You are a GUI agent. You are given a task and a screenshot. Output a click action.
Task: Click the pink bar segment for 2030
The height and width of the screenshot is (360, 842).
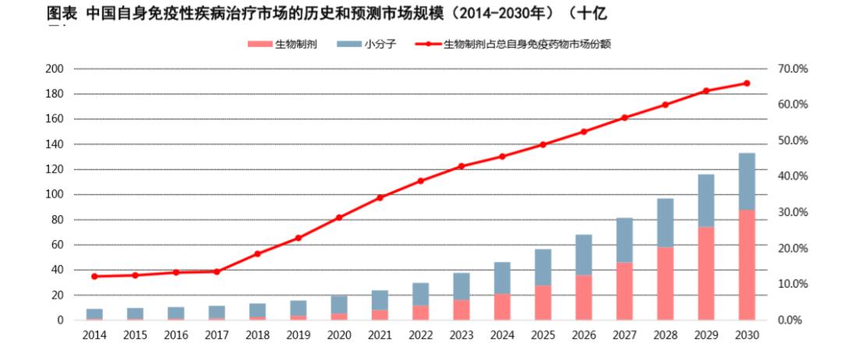coord(747,265)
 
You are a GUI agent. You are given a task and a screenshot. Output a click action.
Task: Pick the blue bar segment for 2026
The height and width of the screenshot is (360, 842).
coord(583,255)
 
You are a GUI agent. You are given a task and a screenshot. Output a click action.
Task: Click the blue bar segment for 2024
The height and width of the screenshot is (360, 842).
coord(502,278)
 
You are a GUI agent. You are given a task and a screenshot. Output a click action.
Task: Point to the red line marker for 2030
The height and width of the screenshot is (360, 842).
coord(747,83)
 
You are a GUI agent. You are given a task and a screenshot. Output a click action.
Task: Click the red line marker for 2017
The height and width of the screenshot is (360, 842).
coord(216,271)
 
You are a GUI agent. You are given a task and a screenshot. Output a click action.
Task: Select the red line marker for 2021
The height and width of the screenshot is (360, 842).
coord(380,197)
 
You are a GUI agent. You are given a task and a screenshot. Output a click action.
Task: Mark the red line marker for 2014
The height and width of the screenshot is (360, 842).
coord(94,276)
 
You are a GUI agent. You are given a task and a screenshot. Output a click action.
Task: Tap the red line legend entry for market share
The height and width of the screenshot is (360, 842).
coord(515,44)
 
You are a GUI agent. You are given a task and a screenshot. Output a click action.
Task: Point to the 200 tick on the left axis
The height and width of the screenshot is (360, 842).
coord(54,69)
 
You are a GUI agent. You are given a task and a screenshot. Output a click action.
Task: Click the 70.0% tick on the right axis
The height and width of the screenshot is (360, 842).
coord(793,69)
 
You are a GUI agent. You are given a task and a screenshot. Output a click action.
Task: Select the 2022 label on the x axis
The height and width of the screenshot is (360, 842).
coord(420,335)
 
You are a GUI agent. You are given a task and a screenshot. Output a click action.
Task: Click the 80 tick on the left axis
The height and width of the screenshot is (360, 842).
coord(57,220)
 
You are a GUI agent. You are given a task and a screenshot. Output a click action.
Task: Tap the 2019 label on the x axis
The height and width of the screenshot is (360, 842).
coord(298,335)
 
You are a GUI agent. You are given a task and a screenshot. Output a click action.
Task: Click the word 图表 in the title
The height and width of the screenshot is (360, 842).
coord(60,13)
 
